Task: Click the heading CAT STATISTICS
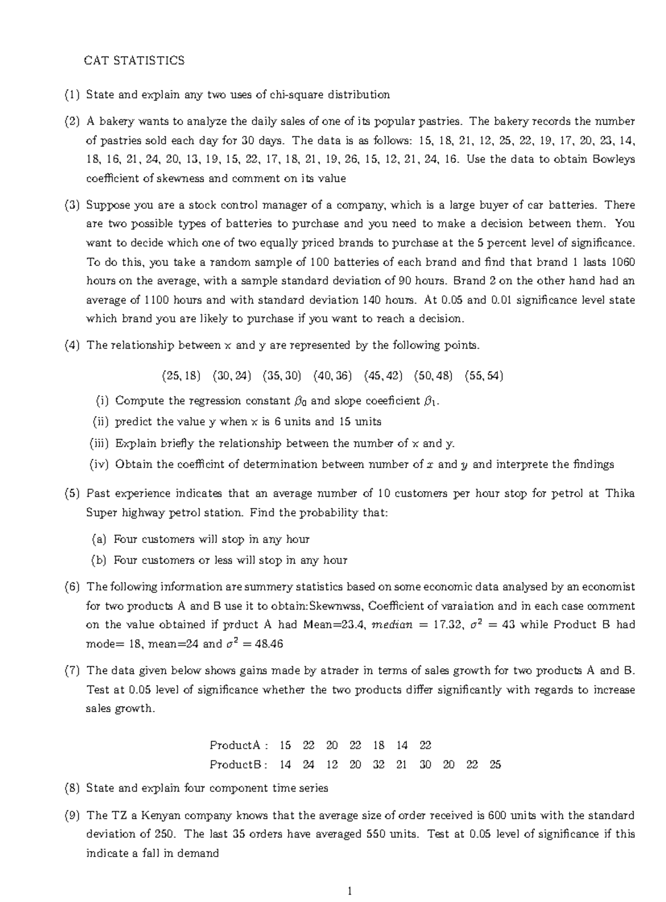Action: pos(134,61)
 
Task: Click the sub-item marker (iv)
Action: pos(100,465)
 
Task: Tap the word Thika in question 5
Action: pos(619,493)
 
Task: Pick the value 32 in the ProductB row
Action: pos(379,764)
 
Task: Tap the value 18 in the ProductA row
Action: pos(379,745)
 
